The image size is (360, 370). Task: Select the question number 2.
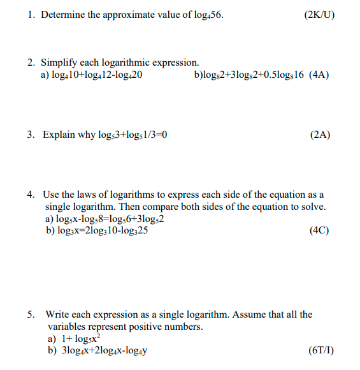[x=31, y=63]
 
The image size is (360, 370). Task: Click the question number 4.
[x=31, y=195]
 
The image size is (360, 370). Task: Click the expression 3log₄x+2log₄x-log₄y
[x=103, y=350]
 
